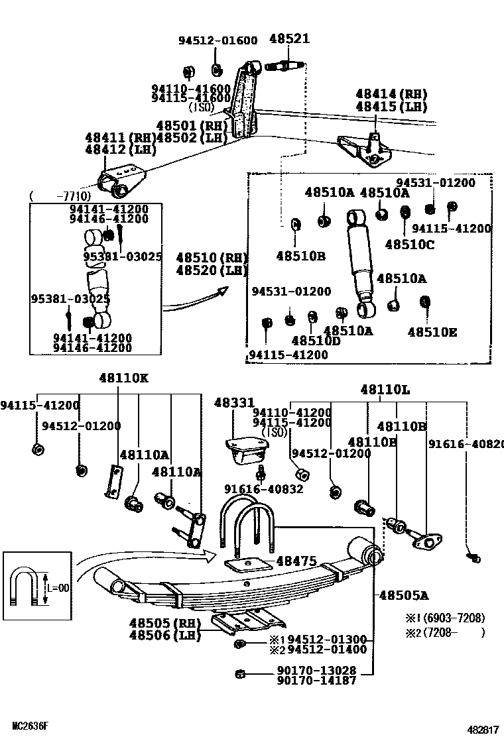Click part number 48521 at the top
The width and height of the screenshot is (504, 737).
(x=289, y=39)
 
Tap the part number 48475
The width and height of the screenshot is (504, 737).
(x=296, y=561)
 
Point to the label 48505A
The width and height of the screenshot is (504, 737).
(x=403, y=596)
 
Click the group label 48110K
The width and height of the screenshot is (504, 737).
(x=124, y=378)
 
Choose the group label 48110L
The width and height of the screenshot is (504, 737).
(x=385, y=390)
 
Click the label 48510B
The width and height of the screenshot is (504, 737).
(x=300, y=255)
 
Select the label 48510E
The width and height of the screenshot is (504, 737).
(x=432, y=332)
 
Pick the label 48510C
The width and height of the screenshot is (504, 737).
(x=409, y=244)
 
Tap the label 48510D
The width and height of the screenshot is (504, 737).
(x=316, y=341)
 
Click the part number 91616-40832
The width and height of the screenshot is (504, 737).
(x=263, y=489)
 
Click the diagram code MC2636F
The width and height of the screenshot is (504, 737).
(x=31, y=726)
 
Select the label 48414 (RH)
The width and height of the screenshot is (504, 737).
(x=391, y=94)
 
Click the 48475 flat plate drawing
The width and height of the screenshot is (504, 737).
(x=249, y=565)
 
